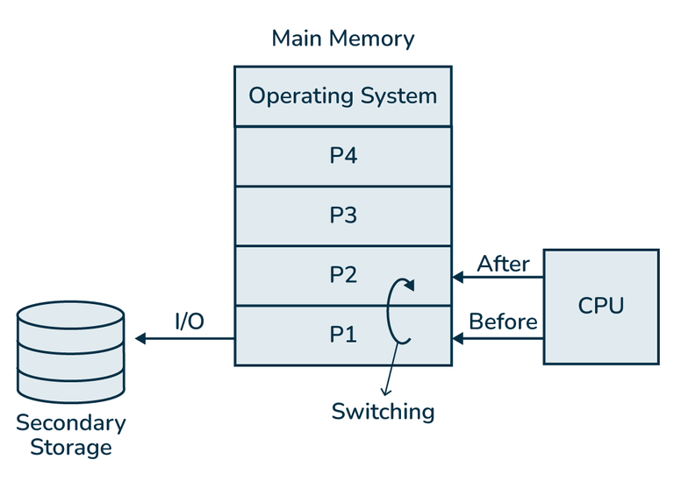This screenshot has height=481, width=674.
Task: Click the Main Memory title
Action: click(342, 39)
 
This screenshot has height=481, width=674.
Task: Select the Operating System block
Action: click(342, 96)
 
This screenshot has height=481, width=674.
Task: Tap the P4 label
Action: click(342, 156)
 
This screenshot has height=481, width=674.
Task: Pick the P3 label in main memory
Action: click(342, 216)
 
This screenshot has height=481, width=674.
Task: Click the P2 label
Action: click(342, 275)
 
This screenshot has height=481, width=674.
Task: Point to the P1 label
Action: click(342, 335)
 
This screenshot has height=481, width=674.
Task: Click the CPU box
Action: click(601, 306)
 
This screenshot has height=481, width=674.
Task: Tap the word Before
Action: click(503, 322)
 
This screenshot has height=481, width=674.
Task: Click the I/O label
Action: click(189, 322)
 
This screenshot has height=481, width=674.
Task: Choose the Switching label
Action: click(383, 411)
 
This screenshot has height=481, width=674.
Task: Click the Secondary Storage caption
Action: click(71, 435)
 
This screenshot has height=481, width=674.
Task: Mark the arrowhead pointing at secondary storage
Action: click(140, 338)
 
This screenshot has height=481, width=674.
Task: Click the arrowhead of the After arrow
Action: click(457, 279)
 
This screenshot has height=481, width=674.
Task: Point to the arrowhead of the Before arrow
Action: click(457, 338)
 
